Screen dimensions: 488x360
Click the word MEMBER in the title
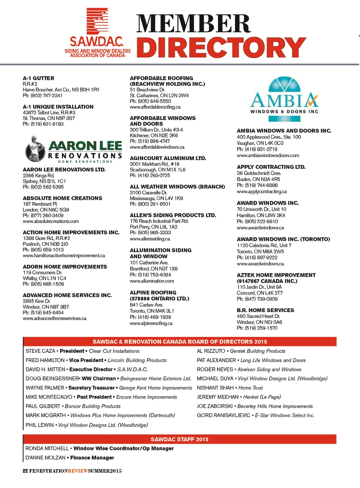point(193,24)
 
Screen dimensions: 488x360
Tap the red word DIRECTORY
point(221,47)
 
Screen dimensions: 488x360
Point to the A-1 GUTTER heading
point(39,78)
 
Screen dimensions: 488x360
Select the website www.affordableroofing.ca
point(155,107)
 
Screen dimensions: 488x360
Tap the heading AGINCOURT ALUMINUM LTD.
point(168,158)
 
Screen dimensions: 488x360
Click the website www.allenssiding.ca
point(150,239)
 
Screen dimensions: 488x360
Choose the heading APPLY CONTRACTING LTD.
point(271,167)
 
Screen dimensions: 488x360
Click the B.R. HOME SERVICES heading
point(265,310)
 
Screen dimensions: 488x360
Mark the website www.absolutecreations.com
point(51,221)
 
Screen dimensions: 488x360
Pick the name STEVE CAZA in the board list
point(40,351)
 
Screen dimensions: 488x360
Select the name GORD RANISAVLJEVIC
point(224,415)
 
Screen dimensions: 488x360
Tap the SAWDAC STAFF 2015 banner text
point(179,439)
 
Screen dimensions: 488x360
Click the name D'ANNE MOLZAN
point(45,458)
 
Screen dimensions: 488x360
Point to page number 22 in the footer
point(25,471)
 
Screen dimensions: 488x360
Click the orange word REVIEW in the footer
point(78,471)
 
